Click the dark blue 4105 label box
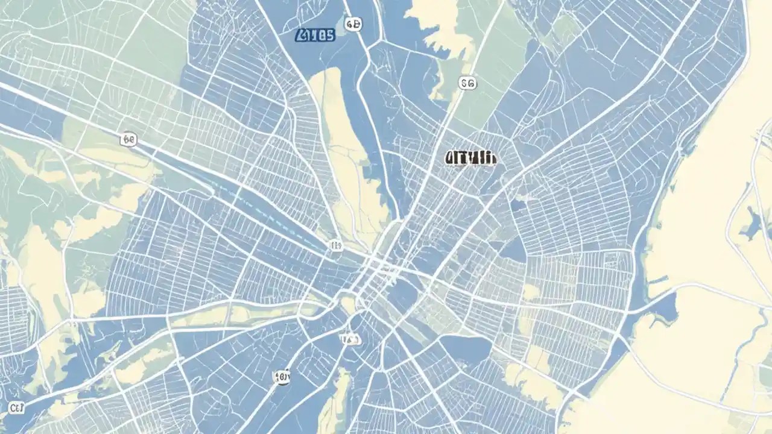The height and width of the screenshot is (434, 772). (314, 36)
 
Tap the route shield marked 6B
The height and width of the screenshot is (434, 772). (353, 24)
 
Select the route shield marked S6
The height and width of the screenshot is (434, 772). (467, 83)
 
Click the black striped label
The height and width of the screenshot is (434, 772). (471, 159)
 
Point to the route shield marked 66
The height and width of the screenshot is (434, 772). (128, 140)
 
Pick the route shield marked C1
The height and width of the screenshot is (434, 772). (16, 409)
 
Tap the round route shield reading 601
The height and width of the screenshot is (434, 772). (282, 377)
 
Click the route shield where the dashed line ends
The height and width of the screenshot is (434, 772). (336, 245)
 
